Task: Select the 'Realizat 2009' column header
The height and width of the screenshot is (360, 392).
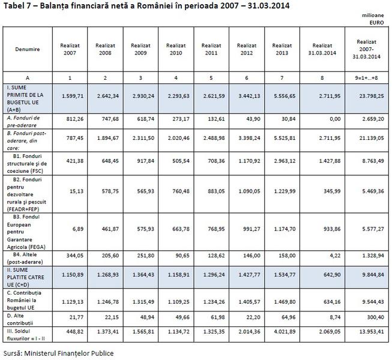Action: [x=140, y=49]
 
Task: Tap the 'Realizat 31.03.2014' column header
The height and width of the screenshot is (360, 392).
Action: [x=322, y=49]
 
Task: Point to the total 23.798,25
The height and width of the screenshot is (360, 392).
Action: [x=367, y=95]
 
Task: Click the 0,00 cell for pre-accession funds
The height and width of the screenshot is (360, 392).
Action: [x=322, y=119]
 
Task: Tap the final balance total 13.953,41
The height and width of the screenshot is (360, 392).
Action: [x=367, y=331]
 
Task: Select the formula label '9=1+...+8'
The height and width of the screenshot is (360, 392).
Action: [x=367, y=78]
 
